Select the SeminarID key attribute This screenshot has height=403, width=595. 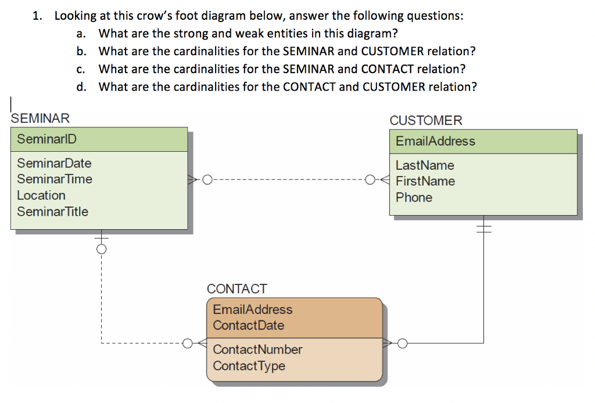[x=46, y=140]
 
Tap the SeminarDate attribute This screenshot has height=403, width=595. [x=54, y=163]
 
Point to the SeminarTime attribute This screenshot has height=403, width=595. [x=55, y=179]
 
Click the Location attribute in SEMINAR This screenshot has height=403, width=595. [x=41, y=195]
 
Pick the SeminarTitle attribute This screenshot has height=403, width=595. [x=53, y=212]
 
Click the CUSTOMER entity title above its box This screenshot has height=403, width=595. [x=426, y=120]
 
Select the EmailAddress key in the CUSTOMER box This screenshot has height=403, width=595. [x=435, y=141]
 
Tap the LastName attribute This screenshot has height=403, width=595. [x=425, y=166]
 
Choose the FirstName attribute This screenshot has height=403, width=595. [x=425, y=181]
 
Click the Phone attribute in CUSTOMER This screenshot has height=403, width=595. [x=414, y=198]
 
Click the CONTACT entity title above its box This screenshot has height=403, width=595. [x=237, y=289]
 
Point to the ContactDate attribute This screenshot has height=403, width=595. [x=249, y=326]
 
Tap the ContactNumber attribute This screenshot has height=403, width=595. [x=257, y=350]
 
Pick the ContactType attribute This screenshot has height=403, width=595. [x=249, y=366]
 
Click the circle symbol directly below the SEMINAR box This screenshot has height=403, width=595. [x=101, y=249]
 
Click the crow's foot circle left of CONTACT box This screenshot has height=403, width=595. [x=187, y=343]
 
